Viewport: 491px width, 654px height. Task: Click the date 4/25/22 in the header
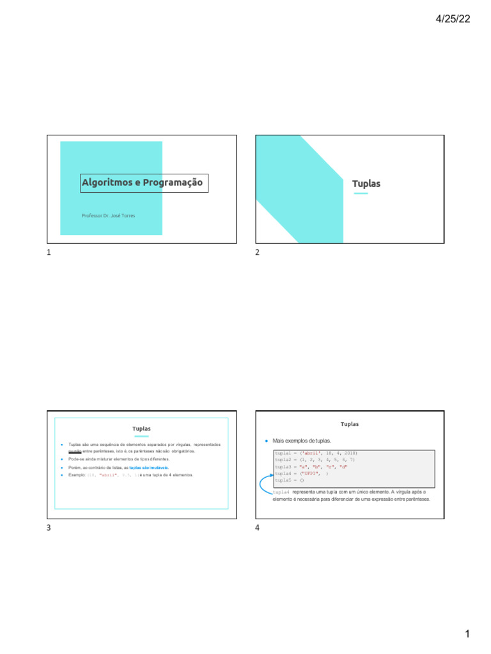click(x=453, y=19)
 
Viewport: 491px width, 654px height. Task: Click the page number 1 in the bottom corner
click(x=467, y=634)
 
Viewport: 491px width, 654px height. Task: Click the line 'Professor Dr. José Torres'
click(x=108, y=216)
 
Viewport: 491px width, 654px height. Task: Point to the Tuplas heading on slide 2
click(x=366, y=184)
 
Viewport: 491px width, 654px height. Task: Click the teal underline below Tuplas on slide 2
click(x=361, y=193)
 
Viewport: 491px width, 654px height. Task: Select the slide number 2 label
click(x=258, y=253)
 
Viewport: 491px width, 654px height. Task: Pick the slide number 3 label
click(x=49, y=528)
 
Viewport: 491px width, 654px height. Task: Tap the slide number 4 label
click(x=258, y=528)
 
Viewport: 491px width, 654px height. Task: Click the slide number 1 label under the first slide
click(x=49, y=253)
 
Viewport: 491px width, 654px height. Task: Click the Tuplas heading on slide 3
click(x=141, y=429)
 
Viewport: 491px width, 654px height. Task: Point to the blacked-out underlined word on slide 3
click(x=75, y=452)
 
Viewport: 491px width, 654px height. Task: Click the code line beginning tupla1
click(x=315, y=453)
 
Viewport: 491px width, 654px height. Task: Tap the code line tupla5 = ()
click(x=289, y=480)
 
